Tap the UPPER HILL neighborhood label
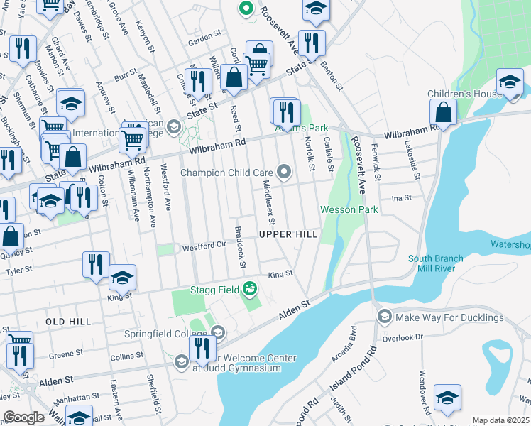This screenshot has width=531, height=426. pos(287,234)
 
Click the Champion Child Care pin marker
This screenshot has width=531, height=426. pos(284,171)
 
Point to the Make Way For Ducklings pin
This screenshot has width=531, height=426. pos(384,317)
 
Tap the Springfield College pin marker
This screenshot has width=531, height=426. pos(218,332)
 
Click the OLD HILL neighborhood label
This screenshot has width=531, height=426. pos(68,322)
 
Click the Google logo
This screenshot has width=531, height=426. pos(23,417)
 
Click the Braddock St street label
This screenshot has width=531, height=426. pos(239,248)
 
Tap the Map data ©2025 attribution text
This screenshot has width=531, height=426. pos(501,420)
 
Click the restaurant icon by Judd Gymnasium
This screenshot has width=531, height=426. pos(202,349)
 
